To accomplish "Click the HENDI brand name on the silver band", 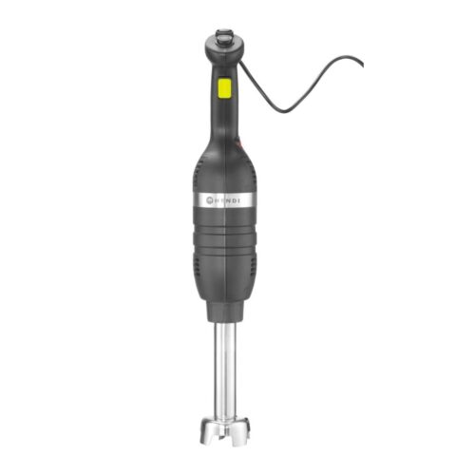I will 229,201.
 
